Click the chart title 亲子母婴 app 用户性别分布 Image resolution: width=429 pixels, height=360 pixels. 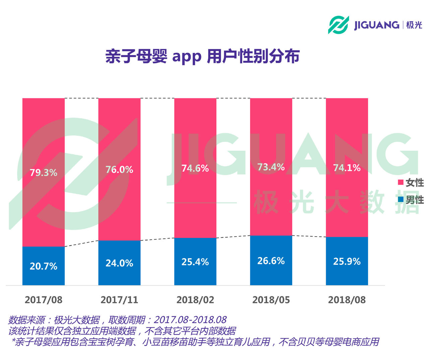tap(202, 56)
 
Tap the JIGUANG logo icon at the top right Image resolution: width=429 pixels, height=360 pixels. tap(338, 25)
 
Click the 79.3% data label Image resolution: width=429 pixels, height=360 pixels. tap(44, 172)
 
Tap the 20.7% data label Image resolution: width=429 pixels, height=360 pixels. tap(44, 266)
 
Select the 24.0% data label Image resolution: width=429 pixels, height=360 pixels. tap(119, 263)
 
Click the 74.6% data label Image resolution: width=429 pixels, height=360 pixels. tap(195, 168)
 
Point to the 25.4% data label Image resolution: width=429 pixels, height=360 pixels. tap(195, 262)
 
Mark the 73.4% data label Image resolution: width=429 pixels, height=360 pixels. tap(271, 167)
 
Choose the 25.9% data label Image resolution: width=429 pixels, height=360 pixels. tap(347, 261)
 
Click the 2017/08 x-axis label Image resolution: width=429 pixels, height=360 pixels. tap(44, 300)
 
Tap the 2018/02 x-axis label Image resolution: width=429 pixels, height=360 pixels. tap(195, 300)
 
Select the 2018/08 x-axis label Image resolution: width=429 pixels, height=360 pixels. tap(347, 300)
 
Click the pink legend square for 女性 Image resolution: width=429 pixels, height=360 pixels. tap(401, 182)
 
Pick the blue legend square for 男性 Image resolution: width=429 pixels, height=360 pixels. tap(401, 199)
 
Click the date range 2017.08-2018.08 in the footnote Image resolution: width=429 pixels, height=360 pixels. tap(190, 320)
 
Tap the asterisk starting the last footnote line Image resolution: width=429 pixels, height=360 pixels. tap(13, 341)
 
